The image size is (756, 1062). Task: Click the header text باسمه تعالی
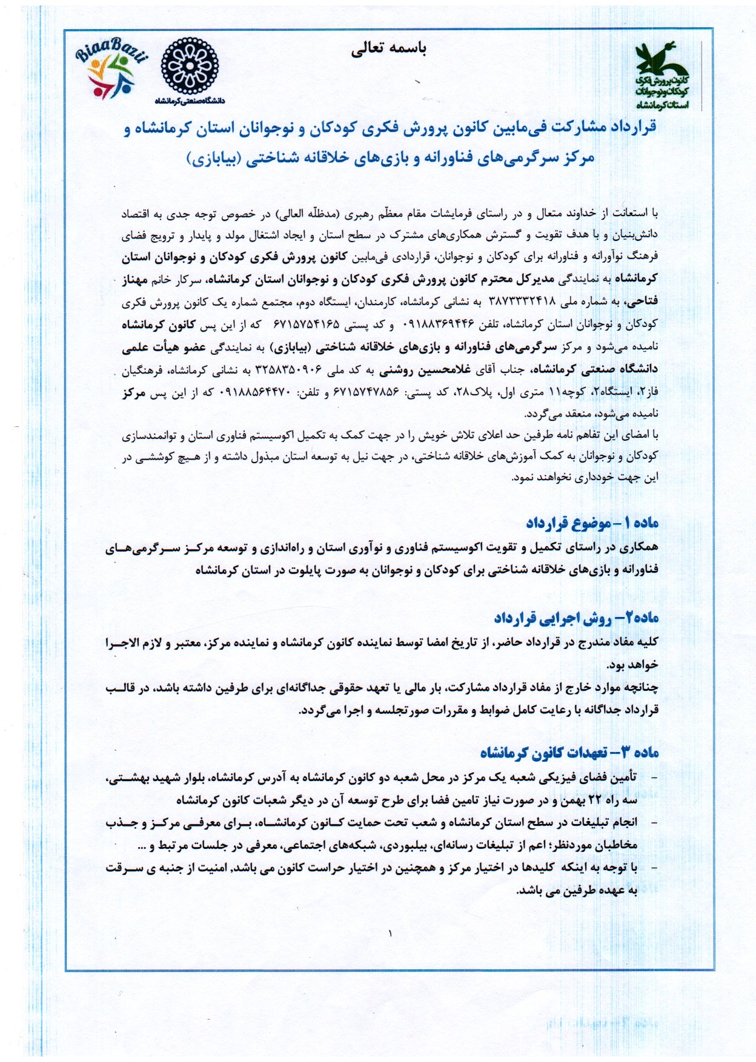[x=388, y=50]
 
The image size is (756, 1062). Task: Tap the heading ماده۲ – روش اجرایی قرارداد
[x=576, y=618]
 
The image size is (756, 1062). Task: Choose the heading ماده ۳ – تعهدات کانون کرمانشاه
[x=569, y=752]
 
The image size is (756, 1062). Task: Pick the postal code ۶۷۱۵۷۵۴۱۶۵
[x=307, y=325]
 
